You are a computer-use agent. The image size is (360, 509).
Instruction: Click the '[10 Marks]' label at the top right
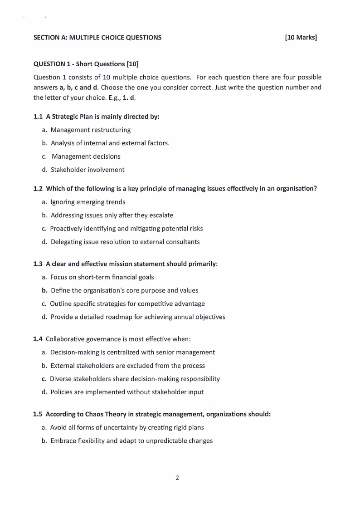coord(301,38)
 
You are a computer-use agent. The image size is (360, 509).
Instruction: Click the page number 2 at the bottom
coord(177,477)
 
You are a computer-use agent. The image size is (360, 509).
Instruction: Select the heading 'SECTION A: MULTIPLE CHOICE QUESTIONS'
coord(97,38)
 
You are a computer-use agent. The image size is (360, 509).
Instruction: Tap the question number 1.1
coord(38,117)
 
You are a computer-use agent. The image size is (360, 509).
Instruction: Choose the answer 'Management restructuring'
coord(91,130)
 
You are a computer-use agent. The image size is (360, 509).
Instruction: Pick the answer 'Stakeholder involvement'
coord(88,170)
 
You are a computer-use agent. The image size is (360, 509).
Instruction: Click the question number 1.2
coord(38,189)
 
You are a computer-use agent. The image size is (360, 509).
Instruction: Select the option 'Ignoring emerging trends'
coord(88,202)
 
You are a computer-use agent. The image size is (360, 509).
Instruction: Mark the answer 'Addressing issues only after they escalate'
coord(112,215)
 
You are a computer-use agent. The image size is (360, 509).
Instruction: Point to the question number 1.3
coord(38,264)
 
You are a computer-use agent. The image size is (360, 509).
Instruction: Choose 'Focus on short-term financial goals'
coord(102,277)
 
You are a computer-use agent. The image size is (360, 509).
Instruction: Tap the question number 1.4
coord(38,339)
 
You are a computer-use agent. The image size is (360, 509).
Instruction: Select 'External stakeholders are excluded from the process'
coord(128,366)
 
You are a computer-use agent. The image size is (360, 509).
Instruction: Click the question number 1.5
coord(38,414)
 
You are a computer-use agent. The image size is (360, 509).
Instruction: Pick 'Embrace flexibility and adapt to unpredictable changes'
coord(131,440)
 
